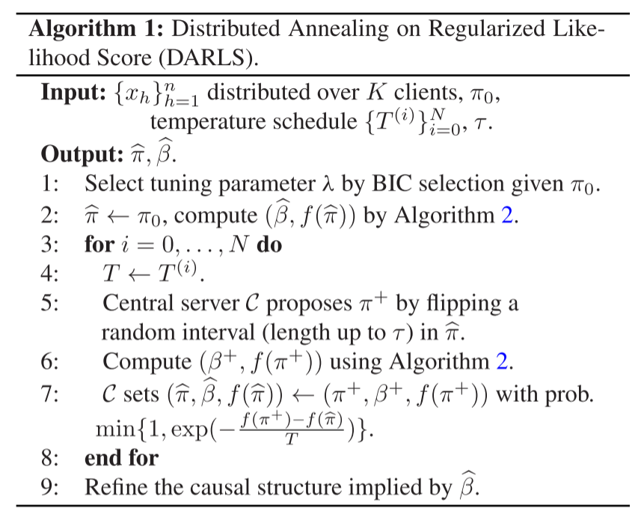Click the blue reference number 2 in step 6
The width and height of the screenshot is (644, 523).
[503, 363]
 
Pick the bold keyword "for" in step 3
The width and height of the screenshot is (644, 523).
[99, 245]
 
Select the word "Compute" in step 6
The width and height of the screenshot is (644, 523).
[147, 363]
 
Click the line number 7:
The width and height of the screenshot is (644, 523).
[53, 394]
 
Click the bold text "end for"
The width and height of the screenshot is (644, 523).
[121, 457]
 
